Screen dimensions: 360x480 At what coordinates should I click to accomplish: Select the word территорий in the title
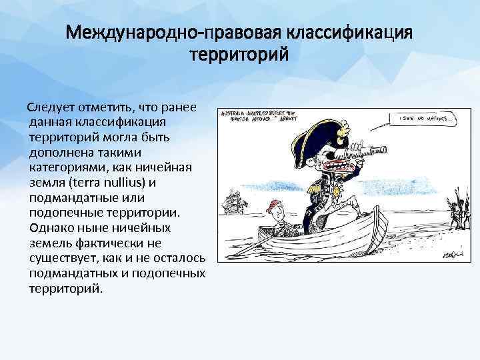tap(240, 55)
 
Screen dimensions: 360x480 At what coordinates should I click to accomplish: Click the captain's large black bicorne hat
tap(313, 139)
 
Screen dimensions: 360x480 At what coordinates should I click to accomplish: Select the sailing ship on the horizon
tap(233, 199)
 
